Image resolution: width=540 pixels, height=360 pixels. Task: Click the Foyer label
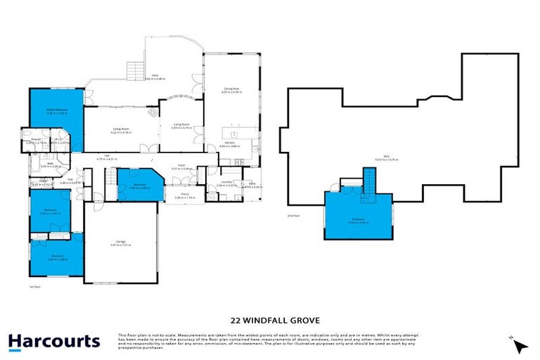pos(181,167)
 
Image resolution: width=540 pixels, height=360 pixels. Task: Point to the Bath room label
pos(42,165)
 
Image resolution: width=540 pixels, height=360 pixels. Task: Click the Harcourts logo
pos(54,342)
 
